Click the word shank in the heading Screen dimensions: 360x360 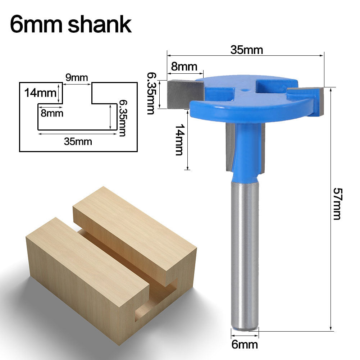pyautogui.click(x=100, y=24)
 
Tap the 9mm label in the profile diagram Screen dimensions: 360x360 pyautogui.click(x=77, y=77)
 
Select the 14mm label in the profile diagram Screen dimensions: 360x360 pyautogui.click(x=38, y=93)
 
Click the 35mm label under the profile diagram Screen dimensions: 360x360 pyautogui.click(x=78, y=141)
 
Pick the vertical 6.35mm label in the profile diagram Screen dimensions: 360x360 pyautogui.click(x=122, y=118)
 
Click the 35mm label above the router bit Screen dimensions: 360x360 pyautogui.click(x=247, y=50)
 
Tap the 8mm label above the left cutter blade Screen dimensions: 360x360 pyautogui.click(x=184, y=67)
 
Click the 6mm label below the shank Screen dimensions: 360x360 pyautogui.click(x=245, y=345)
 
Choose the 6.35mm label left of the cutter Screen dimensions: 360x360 pyautogui.click(x=151, y=93)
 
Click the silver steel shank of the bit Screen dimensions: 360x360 pyautogui.click(x=245, y=252)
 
